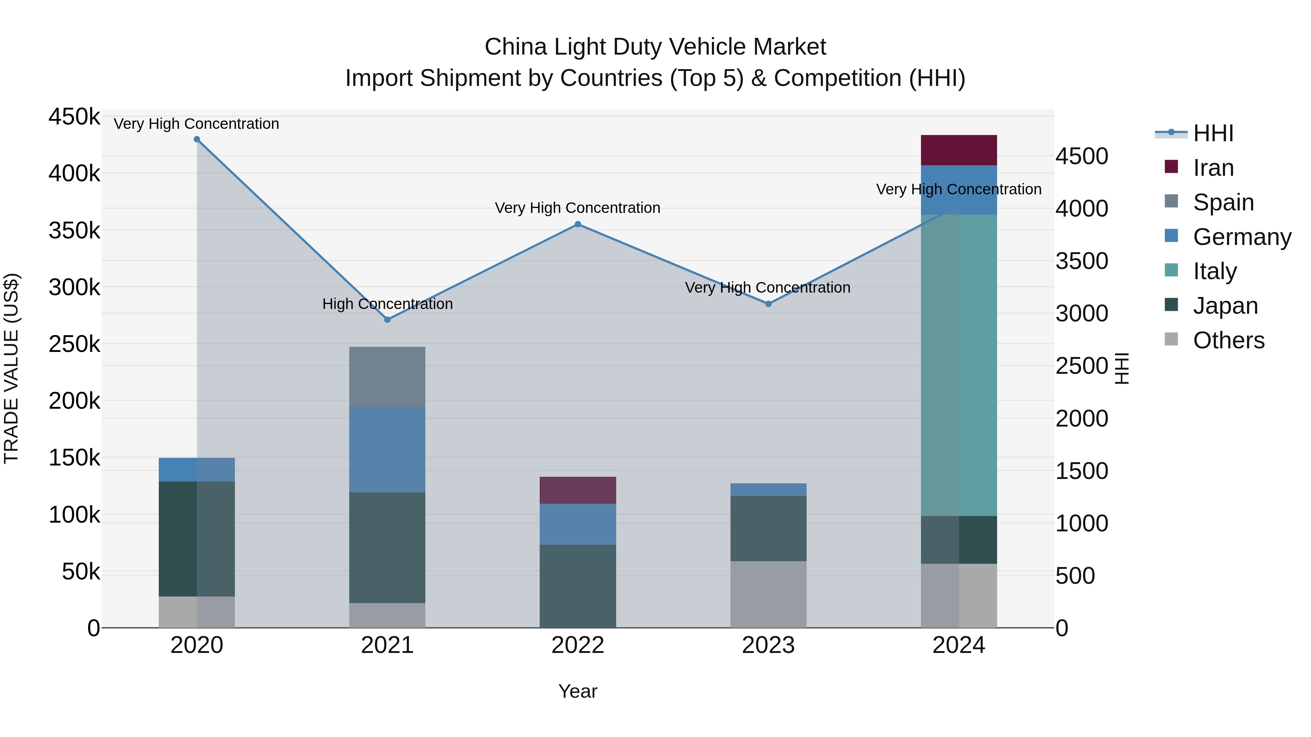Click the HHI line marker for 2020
coord(197,139)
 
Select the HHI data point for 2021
coord(387,320)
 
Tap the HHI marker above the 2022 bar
coord(578,224)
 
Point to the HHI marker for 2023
coord(768,304)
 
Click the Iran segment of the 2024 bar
coord(959,150)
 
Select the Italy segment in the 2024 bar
coord(959,365)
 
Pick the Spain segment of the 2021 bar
coord(387,377)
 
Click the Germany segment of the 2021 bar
coord(387,449)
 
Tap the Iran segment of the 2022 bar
coord(578,490)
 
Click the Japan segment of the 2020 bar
coord(197,539)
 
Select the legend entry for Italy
coord(1215,271)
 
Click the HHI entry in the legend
coord(1213,133)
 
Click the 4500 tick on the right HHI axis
coord(1082,156)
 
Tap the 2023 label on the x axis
coord(768,645)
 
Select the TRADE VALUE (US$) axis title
coord(12,368)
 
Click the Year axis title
coord(578,691)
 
